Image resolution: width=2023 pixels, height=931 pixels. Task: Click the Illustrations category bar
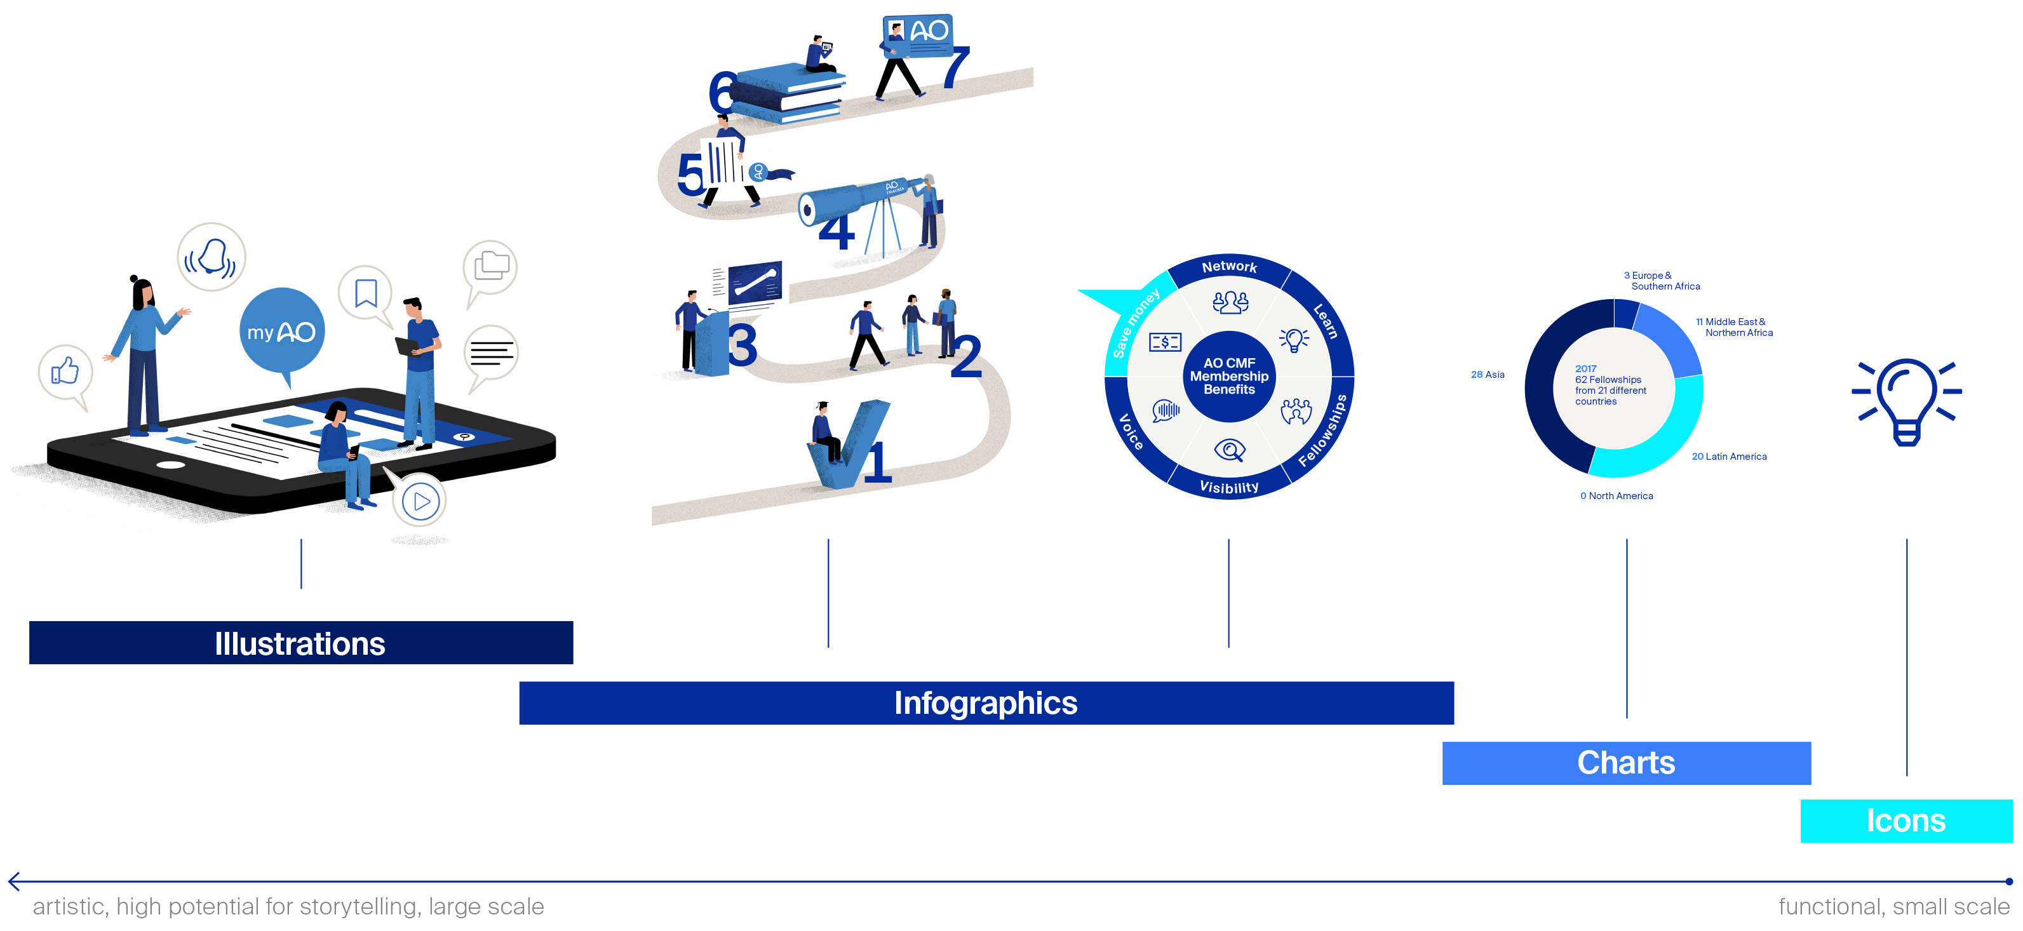(x=301, y=643)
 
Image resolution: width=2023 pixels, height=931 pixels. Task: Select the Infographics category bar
(x=986, y=702)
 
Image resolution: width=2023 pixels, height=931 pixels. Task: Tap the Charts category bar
(x=1625, y=762)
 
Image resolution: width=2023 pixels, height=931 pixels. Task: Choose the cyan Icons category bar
(x=1905, y=820)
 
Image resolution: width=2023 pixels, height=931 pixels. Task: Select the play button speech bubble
(x=422, y=501)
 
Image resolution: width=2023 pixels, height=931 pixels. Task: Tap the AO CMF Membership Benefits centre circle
(x=1229, y=376)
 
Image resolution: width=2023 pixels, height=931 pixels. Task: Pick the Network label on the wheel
(x=1229, y=267)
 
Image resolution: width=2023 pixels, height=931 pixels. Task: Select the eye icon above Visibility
(x=1229, y=450)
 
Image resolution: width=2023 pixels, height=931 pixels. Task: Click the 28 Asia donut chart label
(x=1488, y=375)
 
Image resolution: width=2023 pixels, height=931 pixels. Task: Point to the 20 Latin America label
(x=1728, y=456)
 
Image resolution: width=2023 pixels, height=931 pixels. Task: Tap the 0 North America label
(x=1616, y=495)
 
